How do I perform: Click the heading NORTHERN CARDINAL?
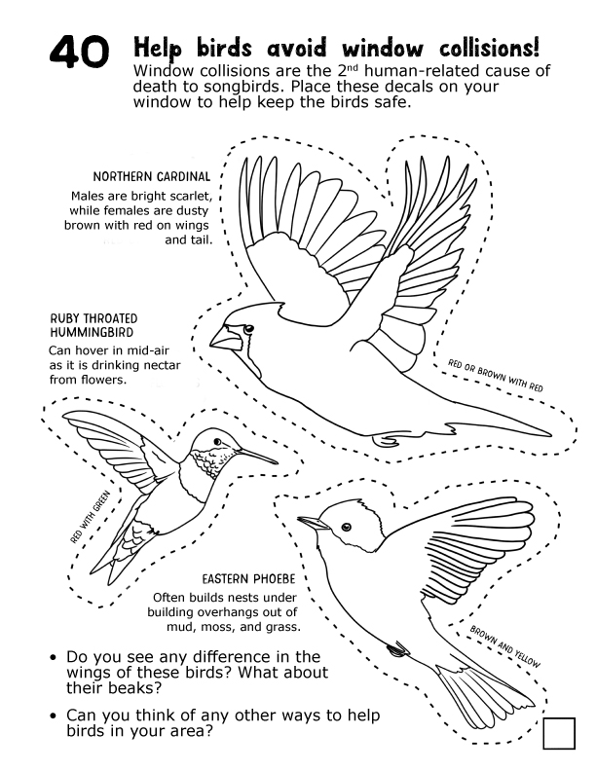(151, 176)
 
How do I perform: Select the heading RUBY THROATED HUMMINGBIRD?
(93, 325)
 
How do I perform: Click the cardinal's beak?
(222, 337)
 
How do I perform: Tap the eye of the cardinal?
(247, 331)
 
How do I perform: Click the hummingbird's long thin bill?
(254, 455)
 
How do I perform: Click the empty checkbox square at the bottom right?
(559, 733)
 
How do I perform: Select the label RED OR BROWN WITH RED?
(496, 375)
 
